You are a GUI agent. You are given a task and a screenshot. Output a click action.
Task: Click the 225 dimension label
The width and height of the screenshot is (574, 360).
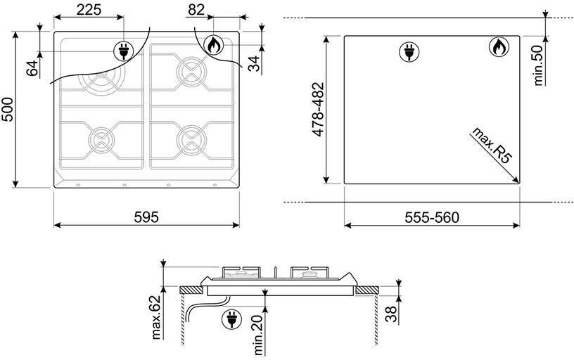click(x=89, y=10)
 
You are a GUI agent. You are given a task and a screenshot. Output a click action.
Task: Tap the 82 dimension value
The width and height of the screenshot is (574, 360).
click(x=196, y=10)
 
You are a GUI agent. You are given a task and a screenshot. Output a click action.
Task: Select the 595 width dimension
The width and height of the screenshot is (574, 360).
click(x=146, y=217)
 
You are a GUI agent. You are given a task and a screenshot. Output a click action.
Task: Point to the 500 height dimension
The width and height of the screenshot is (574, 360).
click(x=7, y=109)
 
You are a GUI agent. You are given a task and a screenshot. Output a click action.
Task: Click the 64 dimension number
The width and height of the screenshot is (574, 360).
click(x=32, y=68)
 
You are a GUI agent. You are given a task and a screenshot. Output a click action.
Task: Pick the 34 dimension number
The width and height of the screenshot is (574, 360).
click(x=253, y=63)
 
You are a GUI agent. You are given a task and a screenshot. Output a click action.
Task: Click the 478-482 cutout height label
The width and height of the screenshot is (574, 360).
click(x=318, y=110)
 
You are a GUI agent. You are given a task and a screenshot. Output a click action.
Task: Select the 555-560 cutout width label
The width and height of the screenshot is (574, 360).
click(x=432, y=218)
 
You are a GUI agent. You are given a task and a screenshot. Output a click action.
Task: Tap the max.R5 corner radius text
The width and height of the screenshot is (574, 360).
click(x=492, y=146)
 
